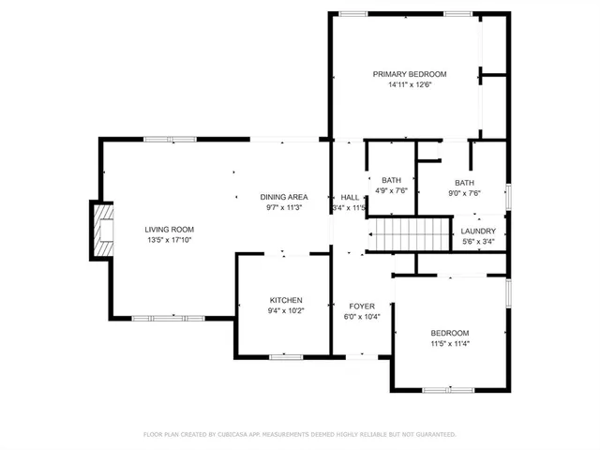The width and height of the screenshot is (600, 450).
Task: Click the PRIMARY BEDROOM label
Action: point(409,74)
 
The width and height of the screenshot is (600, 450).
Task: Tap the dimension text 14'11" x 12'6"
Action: point(409,85)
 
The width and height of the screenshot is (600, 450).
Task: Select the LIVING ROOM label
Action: point(169,229)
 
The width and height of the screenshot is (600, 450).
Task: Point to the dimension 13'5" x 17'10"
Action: point(169,240)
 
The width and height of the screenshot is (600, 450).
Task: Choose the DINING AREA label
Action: point(284,197)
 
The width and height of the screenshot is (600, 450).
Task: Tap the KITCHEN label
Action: point(286,300)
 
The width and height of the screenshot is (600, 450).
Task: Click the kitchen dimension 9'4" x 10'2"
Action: point(286,311)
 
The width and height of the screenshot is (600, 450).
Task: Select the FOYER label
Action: point(362,306)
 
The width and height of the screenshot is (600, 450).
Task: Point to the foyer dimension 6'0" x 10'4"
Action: point(362,317)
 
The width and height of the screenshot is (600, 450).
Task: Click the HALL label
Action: point(350,197)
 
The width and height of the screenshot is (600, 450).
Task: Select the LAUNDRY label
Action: point(478,231)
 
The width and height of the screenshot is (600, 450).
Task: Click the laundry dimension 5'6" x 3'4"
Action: point(478,241)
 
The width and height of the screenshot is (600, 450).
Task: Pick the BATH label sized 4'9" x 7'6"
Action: point(391,179)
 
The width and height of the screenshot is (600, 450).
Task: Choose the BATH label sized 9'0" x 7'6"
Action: point(464,183)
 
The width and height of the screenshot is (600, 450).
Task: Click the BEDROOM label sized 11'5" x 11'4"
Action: point(449,333)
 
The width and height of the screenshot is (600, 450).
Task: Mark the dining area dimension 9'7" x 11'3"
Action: point(284,208)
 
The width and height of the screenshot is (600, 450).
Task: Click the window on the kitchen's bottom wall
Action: point(283,356)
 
